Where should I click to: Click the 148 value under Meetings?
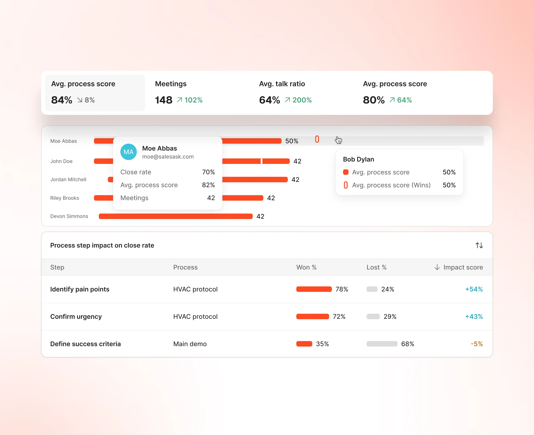coord(164,100)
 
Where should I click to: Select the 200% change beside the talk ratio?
coord(302,100)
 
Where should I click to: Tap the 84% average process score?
coord(62,100)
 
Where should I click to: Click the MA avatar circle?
coord(129,152)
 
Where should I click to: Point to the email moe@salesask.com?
coord(168,157)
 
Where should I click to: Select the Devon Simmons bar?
coord(176,216)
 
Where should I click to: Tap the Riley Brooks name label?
coord(65,198)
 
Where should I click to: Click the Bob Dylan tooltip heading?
coord(358,159)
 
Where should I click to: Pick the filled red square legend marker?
coord(346,172)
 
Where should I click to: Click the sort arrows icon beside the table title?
coord(479,245)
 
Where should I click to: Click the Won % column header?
coord(306,267)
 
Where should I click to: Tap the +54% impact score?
coord(474,289)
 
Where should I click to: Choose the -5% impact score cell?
coord(477,344)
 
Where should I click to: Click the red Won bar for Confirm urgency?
coord(313,316)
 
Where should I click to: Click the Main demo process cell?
coord(190,344)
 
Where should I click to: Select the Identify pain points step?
coord(80,289)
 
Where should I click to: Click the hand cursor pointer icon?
coord(338,140)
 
